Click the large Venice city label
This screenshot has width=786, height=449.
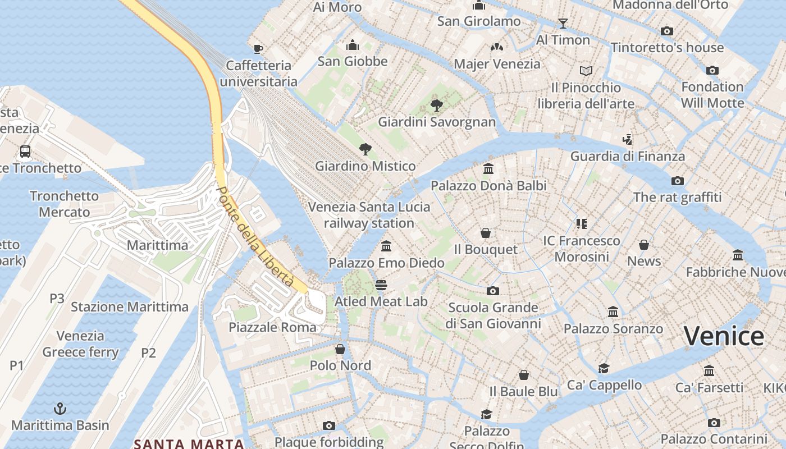pos(724,337)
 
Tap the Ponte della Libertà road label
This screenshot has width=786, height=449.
pos(255,236)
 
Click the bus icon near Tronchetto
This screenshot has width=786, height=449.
pos(25,151)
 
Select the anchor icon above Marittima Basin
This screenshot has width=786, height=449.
pos(60,409)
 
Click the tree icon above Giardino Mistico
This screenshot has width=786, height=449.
pos(365,149)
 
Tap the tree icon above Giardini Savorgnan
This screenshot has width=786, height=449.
pos(436,105)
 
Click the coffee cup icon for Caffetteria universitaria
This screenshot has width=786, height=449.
pos(258,49)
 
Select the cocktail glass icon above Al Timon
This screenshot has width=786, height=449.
pos(563,23)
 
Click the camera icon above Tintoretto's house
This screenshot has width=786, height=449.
pos(667,31)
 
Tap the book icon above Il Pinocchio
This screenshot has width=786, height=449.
pos(586,71)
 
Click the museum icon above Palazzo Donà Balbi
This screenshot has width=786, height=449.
pos(488,168)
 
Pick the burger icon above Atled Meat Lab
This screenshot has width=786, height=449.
pos(381,285)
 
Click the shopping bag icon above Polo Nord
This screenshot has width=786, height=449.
pos(340,349)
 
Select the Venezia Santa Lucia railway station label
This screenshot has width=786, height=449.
pos(369,215)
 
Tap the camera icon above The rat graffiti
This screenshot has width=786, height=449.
pos(678,181)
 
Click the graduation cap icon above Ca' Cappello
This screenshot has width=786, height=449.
pos(604,368)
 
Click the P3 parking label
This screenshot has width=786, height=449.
pos(57,298)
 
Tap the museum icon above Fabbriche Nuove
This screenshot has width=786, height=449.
pos(738,255)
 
